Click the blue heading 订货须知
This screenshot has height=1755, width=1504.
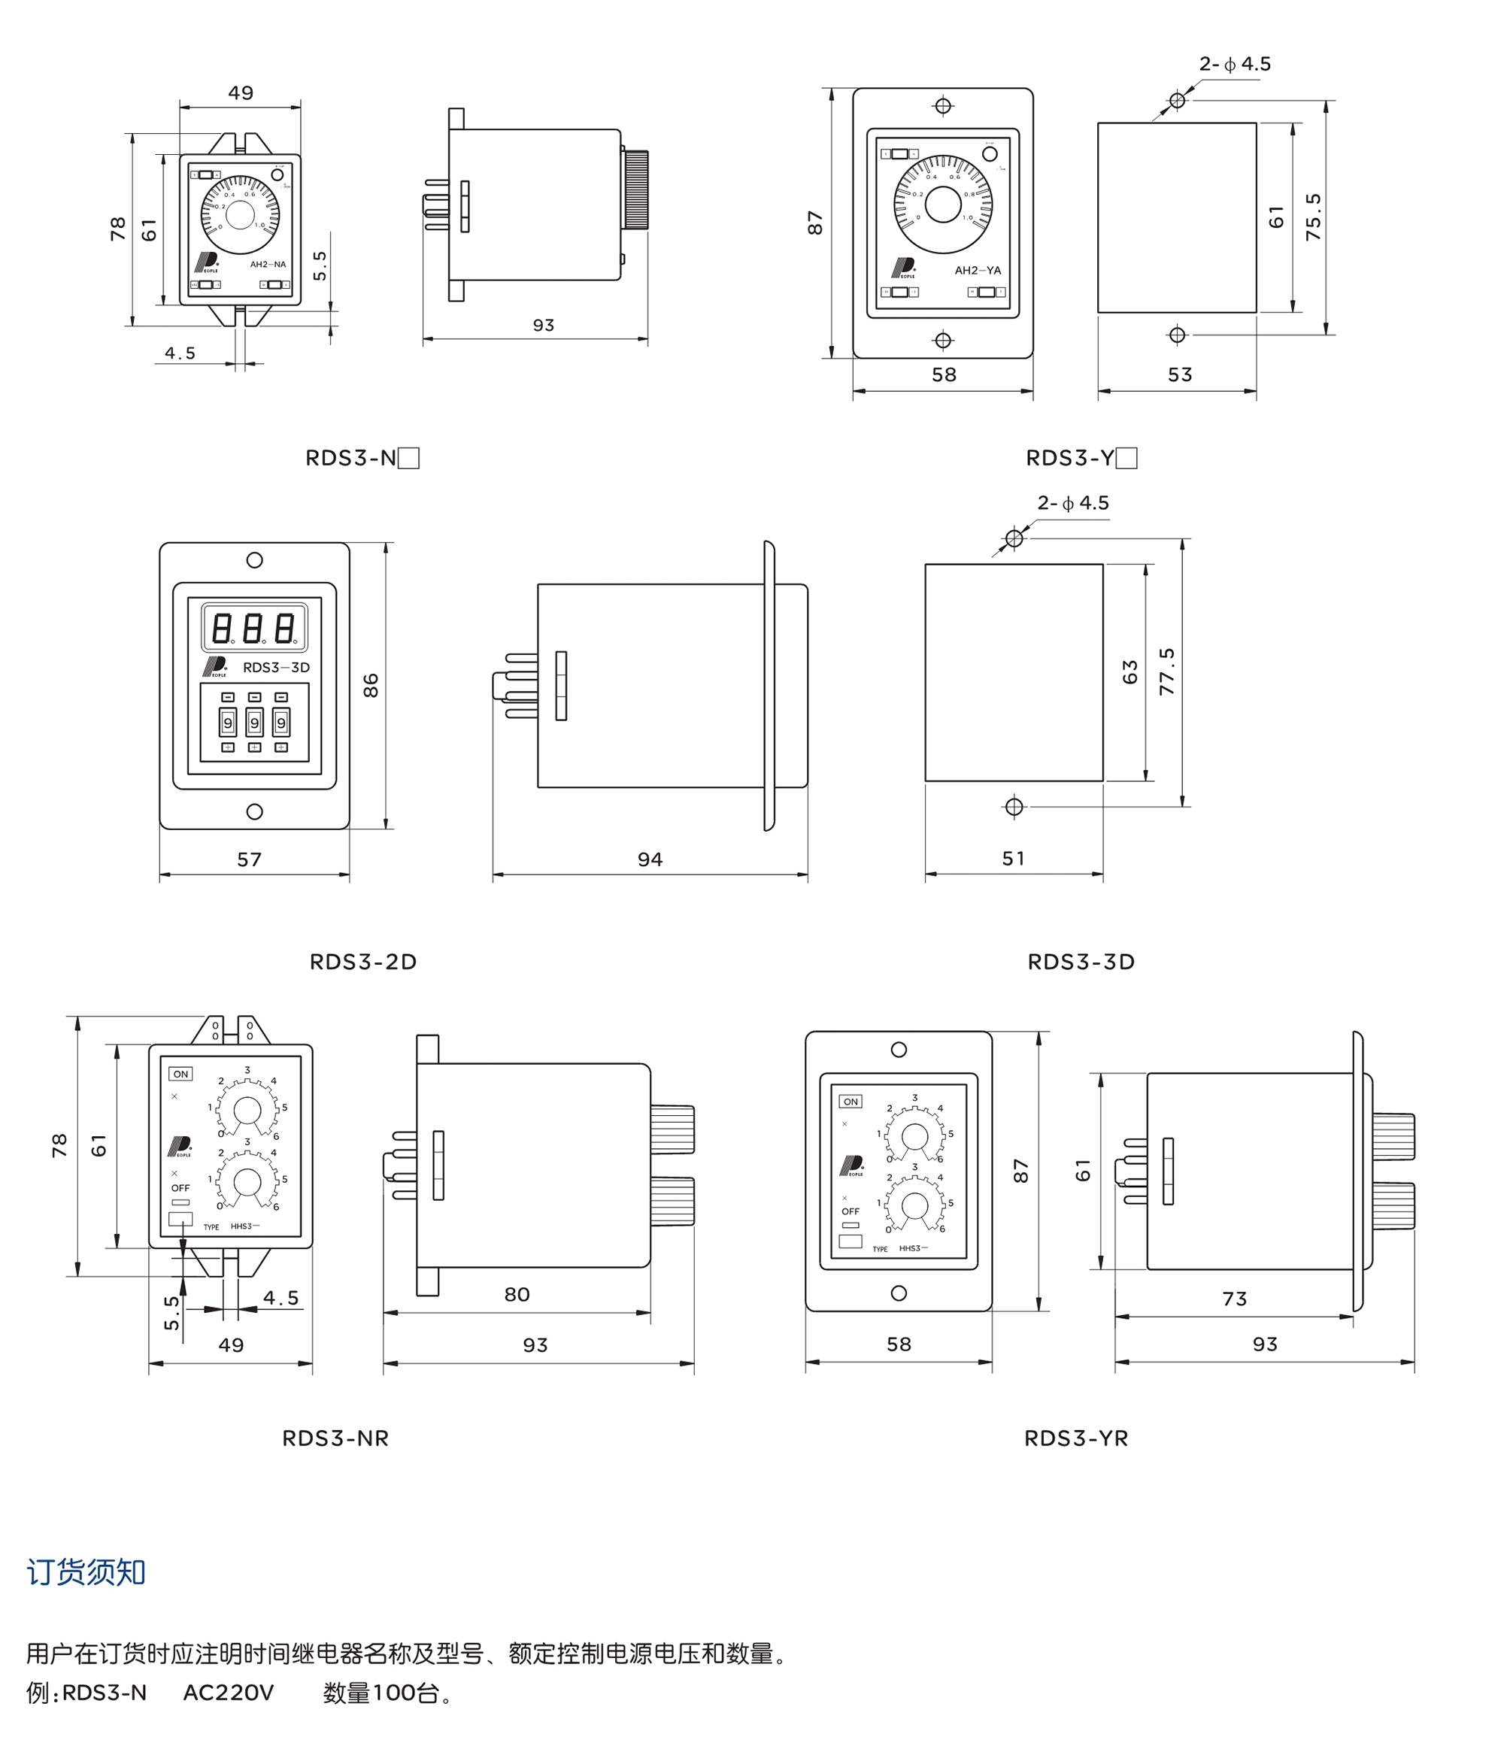[x=86, y=1572]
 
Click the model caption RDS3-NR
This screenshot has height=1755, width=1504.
[x=335, y=1438]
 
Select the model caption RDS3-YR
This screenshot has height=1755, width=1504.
[x=1076, y=1438]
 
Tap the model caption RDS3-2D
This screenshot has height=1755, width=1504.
[x=362, y=962]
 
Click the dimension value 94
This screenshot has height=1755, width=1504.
[x=650, y=859]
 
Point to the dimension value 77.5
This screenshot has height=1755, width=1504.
[x=1167, y=671]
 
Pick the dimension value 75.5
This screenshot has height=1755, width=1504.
[x=1312, y=217]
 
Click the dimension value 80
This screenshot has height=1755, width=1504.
[x=517, y=1294]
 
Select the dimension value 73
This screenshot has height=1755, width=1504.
[x=1235, y=1299]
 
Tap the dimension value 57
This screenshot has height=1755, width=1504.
[x=249, y=859]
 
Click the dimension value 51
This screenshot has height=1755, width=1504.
[x=1014, y=858]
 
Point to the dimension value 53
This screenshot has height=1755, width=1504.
[x=1179, y=374]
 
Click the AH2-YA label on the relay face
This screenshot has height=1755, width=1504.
[x=978, y=270]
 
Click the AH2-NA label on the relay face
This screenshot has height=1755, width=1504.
[x=268, y=264]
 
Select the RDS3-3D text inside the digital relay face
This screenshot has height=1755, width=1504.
[x=276, y=668]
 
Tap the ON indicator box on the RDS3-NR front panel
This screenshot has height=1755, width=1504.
[x=180, y=1074]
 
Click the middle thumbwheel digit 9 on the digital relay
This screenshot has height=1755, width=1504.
[x=254, y=723]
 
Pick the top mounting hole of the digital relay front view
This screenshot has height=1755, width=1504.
[x=254, y=560]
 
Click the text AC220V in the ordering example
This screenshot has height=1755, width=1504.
[x=229, y=1693]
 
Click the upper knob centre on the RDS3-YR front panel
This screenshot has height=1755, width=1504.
[x=915, y=1136]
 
